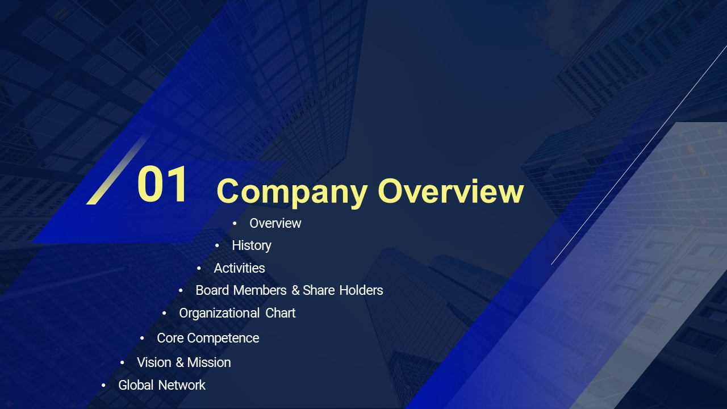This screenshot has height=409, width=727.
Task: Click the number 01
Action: click(x=162, y=183)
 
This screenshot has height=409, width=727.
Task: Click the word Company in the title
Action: click(x=292, y=193)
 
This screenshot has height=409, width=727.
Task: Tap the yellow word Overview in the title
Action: click(x=451, y=191)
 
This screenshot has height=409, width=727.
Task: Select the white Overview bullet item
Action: click(x=275, y=223)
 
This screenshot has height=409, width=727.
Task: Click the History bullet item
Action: click(x=252, y=246)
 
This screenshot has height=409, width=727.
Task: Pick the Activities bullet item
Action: click(x=239, y=268)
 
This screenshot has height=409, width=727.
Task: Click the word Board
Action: click(x=212, y=290)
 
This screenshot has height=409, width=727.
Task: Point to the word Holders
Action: click(x=361, y=290)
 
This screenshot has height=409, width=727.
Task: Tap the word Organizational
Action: click(x=219, y=313)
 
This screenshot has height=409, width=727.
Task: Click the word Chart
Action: click(x=281, y=313)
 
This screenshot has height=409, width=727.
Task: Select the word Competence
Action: click(x=223, y=338)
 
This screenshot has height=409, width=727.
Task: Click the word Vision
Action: click(x=154, y=362)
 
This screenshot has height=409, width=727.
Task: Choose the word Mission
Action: click(x=209, y=362)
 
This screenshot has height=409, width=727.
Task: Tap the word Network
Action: click(x=182, y=385)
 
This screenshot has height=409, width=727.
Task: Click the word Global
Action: click(x=136, y=385)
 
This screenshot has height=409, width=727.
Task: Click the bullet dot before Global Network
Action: click(x=103, y=386)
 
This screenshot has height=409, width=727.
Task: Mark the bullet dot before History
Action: click(x=217, y=246)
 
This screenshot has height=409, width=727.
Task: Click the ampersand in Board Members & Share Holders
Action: click(x=295, y=290)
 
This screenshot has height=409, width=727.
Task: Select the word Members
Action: click(x=260, y=290)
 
